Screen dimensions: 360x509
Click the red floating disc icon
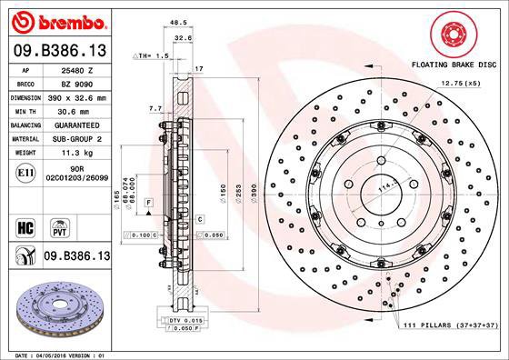454,35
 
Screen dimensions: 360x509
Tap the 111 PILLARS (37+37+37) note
452,325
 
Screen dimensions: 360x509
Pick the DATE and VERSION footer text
59,353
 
